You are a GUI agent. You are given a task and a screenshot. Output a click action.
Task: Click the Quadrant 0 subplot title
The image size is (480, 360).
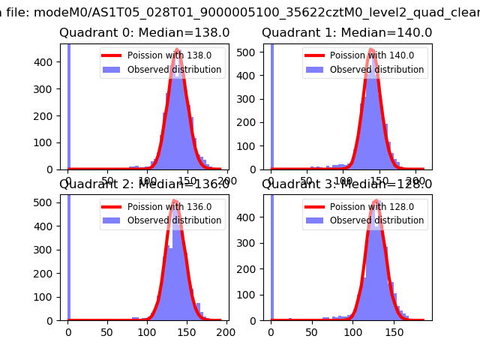tap(145, 33)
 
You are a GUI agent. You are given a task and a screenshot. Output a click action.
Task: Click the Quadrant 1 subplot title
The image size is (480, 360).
tap(346, 33)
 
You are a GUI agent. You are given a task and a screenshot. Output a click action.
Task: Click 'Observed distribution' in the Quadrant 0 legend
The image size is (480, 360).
tap(174, 70)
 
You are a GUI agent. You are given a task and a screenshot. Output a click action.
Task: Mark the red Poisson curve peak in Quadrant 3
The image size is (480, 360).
tap(375, 203)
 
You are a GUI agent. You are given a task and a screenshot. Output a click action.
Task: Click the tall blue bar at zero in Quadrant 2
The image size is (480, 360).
tap(68, 255)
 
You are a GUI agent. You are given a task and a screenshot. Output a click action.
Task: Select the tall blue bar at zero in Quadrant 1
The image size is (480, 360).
tap(271, 105)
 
